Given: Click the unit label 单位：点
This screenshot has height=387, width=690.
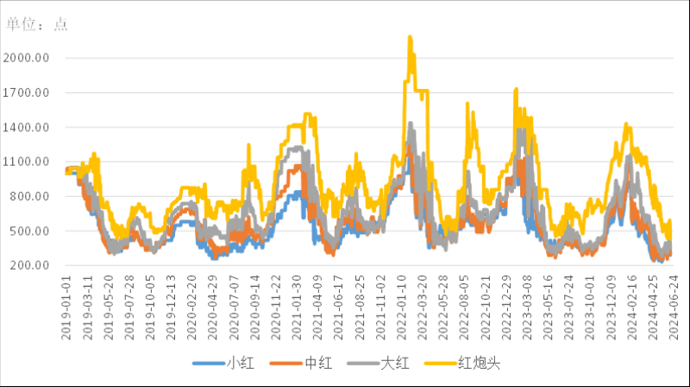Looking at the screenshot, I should pos(37,24).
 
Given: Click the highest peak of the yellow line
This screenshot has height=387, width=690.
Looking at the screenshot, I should pos(410,37).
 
